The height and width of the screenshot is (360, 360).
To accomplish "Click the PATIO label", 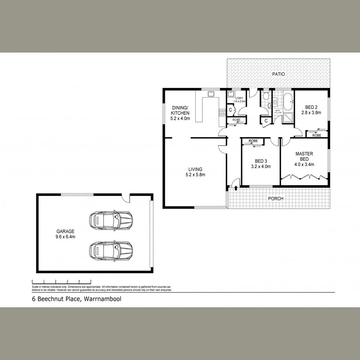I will tap(279, 74).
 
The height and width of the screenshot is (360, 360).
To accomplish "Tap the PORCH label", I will tap(276, 198).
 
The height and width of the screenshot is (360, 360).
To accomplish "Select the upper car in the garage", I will tap(111, 219).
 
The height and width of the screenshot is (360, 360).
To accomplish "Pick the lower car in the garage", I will tap(111, 250).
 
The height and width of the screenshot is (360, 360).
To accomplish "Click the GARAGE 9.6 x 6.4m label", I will tap(65, 234).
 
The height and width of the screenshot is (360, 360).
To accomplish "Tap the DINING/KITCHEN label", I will tap(180, 113).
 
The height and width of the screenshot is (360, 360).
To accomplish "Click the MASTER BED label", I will tap(304, 159).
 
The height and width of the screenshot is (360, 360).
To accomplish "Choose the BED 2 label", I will tap(311, 110).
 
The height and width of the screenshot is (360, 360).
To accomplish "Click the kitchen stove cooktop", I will tap(222, 113).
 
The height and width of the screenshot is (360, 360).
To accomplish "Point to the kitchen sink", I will tap(210, 95).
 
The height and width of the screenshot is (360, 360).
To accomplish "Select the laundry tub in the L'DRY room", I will tap(231, 95).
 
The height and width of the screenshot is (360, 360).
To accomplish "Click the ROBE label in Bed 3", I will tap(253, 141).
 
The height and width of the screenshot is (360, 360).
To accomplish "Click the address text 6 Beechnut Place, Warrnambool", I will tap(76, 299).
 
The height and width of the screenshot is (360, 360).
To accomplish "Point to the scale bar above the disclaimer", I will tap(62, 281).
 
